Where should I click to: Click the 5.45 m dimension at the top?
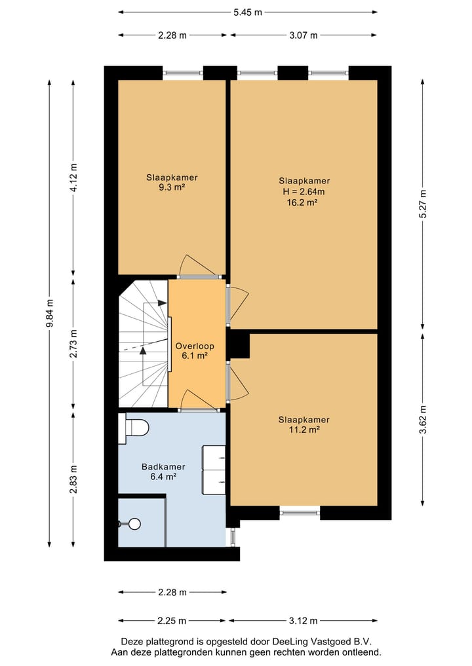pos(248,12)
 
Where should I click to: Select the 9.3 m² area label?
pos(172,187)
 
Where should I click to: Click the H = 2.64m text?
pos(304,192)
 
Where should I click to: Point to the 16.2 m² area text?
pos(304,203)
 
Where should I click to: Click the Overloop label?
pos(195,345)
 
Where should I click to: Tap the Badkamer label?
pos(163,467)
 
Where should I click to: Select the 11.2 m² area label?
pos(304,430)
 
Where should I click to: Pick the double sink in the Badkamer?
pos(214,470)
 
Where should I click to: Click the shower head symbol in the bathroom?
pos(133,523)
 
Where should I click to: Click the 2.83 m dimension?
pos(73,479)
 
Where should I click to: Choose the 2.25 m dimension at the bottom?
pos(172,621)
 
